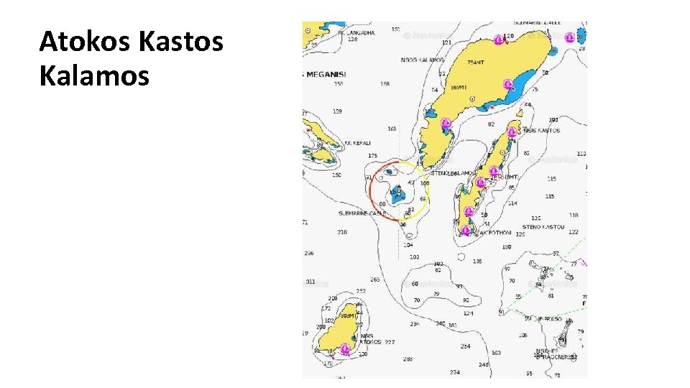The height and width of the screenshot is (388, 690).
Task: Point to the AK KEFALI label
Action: tap(356, 143)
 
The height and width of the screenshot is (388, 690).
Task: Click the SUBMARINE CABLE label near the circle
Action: tap(362, 213)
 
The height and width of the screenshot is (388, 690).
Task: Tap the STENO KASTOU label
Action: tap(543, 226)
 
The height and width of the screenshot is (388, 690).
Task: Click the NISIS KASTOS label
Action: tap(541, 131)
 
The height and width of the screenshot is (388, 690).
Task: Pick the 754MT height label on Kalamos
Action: tap(475, 63)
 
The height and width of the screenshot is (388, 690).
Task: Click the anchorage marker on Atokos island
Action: tap(345, 348)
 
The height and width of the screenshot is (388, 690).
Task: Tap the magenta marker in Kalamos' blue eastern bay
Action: tap(509, 85)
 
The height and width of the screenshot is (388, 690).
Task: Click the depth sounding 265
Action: tap(374, 280)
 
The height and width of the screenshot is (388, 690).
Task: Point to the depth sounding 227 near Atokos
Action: tap(389, 342)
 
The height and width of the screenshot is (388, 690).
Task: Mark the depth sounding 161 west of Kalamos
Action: tap(392, 129)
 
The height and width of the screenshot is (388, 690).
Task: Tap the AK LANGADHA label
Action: tap(343, 33)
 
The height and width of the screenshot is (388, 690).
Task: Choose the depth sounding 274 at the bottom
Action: tap(454, 372)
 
